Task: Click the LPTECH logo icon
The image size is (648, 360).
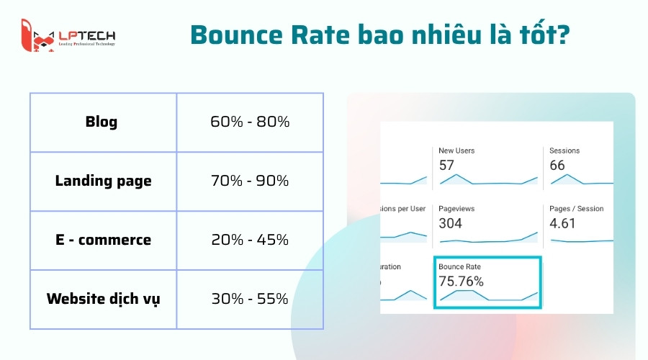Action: pos(38,36)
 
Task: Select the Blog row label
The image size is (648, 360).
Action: pos(101,122)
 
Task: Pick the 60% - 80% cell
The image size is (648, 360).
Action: pos(250,122)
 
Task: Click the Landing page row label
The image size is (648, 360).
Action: pos(103,181)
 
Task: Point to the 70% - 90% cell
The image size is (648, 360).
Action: pos(250,181)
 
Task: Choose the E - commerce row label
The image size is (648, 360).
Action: pos(103,240)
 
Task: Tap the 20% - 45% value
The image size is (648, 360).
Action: pos(250,240)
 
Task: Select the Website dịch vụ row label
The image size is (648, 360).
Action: pos(103,298)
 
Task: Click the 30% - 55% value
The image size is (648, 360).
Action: pos(250,298)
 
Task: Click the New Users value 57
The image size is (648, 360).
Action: pos(447,166)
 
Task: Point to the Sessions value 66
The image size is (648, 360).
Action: pos(557,166)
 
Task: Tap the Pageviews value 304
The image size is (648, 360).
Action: pos(451,223)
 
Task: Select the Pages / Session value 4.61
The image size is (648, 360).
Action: pos(563,223)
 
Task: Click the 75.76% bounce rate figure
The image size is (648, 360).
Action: pos(462,281)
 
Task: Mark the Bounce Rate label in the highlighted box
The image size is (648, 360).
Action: pos(460,266)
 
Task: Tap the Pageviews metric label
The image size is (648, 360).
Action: pos(456,209)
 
